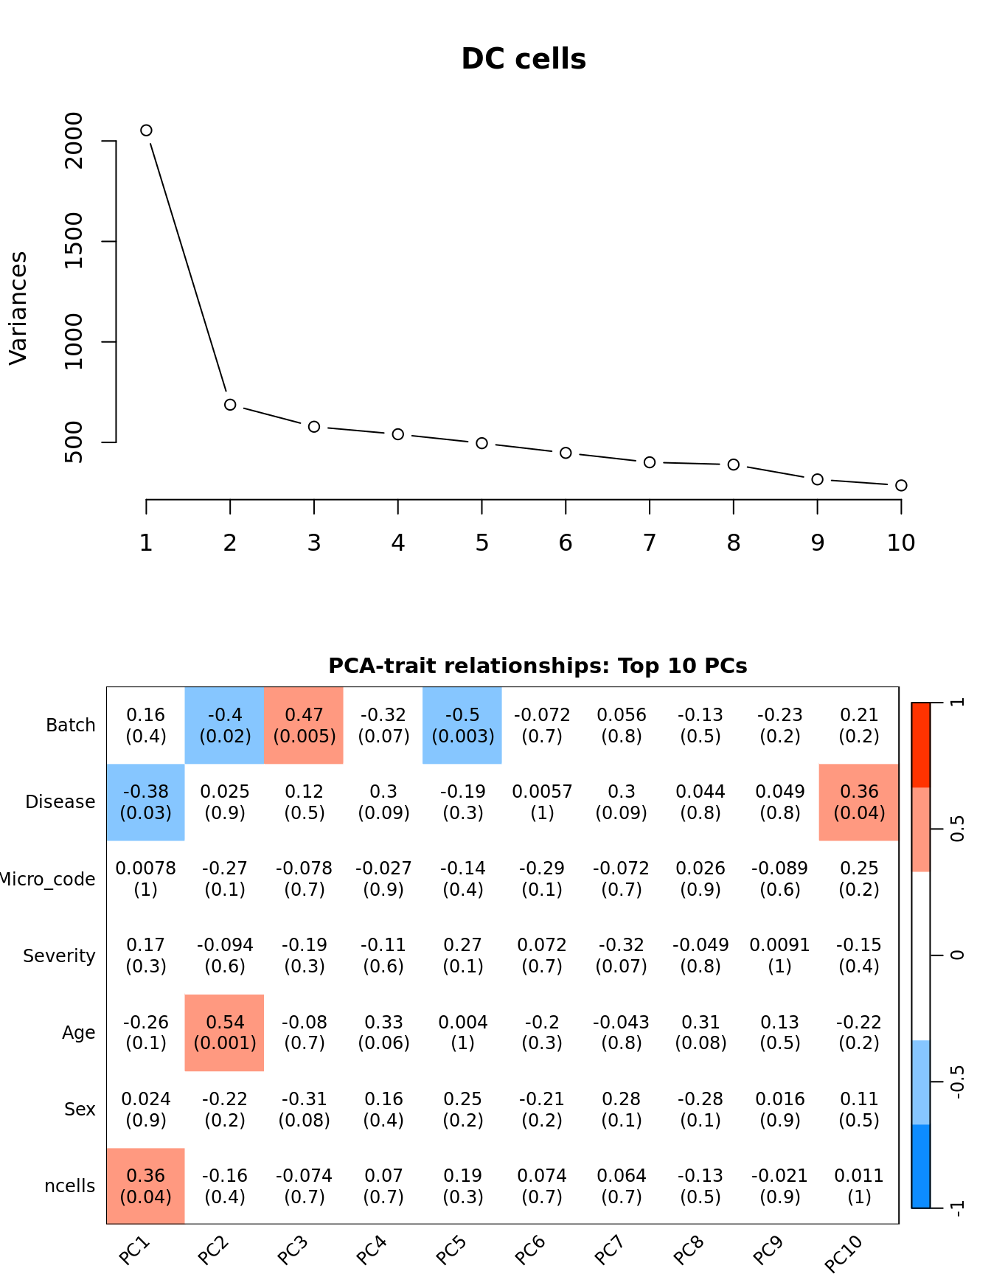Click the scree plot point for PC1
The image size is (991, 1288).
146,130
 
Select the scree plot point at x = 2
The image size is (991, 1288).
230,405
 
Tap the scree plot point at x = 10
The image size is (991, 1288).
901,485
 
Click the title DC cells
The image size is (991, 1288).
524,60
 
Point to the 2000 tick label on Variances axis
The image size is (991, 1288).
74,140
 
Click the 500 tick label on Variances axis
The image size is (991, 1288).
74,442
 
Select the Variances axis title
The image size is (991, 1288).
18,308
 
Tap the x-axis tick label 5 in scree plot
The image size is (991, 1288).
481,543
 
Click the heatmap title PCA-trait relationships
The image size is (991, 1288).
538,666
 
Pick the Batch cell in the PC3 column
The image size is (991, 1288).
304,725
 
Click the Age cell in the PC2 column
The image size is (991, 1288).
225,1032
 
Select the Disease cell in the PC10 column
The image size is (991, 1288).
859,802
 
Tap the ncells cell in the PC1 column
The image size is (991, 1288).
146,1186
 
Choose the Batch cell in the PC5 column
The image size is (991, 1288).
462,725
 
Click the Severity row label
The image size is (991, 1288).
59,956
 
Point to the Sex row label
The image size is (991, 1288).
80,1110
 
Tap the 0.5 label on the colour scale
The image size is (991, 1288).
957,829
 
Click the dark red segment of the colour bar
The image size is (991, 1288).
921,745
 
